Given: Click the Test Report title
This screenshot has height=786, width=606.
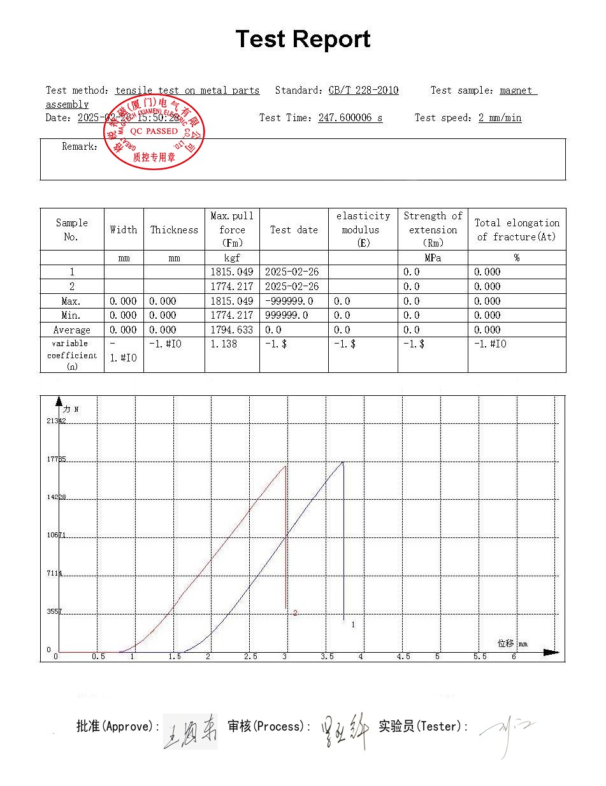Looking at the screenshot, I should pos(303,40).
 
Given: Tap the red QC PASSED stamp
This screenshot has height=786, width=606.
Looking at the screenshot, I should pos(154,132).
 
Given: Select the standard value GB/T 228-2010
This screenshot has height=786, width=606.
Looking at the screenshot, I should pos(363,91).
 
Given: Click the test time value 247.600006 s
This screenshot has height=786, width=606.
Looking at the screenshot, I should pos(350,118).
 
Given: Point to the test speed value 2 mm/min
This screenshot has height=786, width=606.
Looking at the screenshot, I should pos(500,118).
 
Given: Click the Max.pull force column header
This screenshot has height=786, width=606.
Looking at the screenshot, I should pos(232,229).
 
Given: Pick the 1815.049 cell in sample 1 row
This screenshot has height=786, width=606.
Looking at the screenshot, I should pos(232,272).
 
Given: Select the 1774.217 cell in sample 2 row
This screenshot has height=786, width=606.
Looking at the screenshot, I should pos(232,287).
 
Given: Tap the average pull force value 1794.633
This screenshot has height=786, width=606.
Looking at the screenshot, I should pos(232,330).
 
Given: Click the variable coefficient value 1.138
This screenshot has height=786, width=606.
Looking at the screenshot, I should pos(224,344).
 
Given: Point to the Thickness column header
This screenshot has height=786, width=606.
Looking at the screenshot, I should pos(174,230).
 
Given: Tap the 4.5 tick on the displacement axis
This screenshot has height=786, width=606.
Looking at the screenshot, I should pos(403,657).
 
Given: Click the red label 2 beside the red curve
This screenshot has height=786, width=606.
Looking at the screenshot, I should pos(295,613).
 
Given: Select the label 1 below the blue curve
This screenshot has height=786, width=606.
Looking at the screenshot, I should pos(353,625).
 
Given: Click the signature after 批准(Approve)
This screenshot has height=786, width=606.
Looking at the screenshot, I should pos(190,731).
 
